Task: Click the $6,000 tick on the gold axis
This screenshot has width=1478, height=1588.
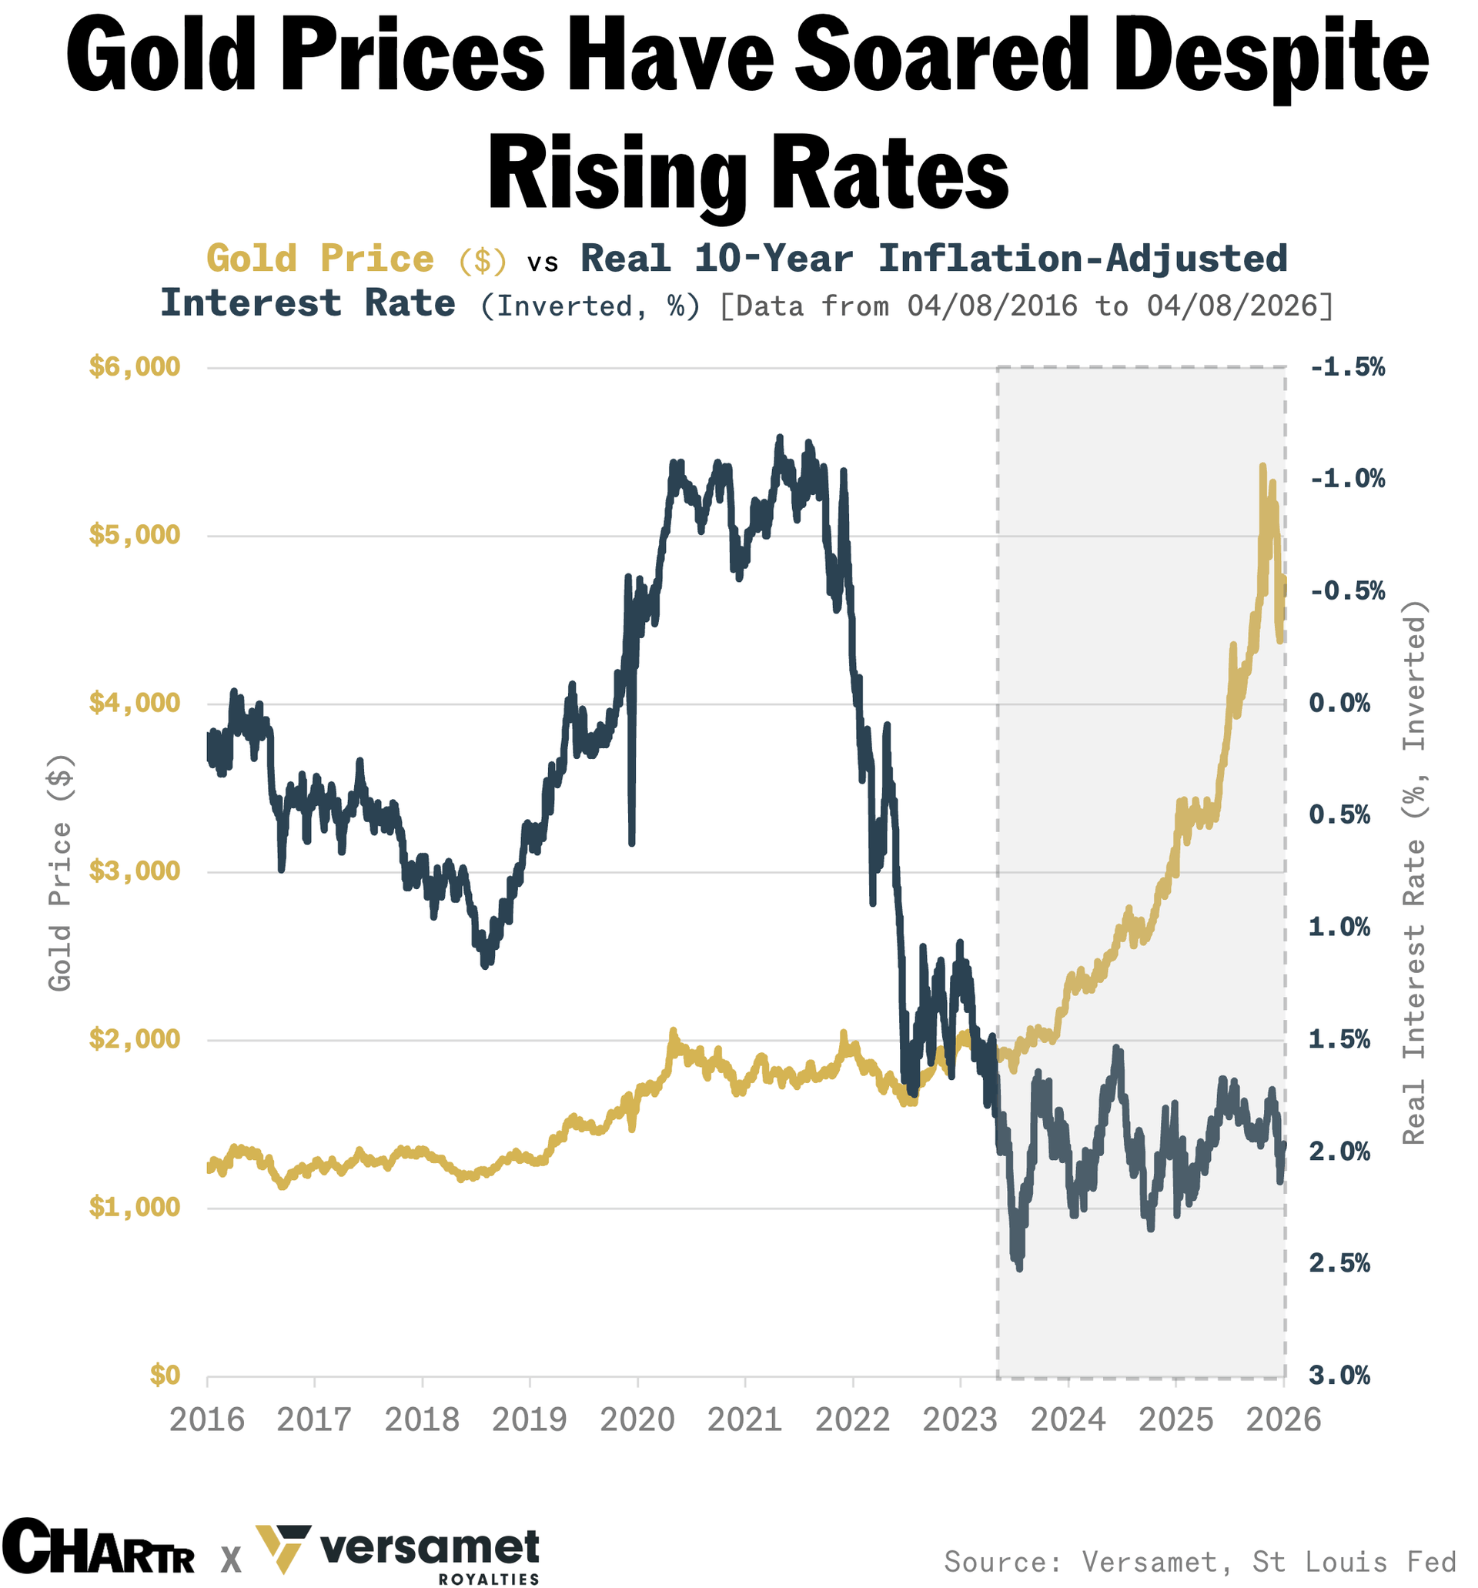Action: tap(134, 367)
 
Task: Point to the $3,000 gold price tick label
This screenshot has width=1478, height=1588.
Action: tap(134, 871)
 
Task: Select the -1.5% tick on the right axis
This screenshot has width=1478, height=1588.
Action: tap(1346, 367)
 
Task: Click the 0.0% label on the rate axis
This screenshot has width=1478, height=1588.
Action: tap(1339, 703)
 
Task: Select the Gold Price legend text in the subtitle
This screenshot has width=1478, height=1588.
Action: tap(319, 259)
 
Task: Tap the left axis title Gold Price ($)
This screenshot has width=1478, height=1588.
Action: tap(60, 872)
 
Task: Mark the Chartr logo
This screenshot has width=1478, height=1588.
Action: tap(98, 1546)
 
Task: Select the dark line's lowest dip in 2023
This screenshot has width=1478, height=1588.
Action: tap(1018, 1268)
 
